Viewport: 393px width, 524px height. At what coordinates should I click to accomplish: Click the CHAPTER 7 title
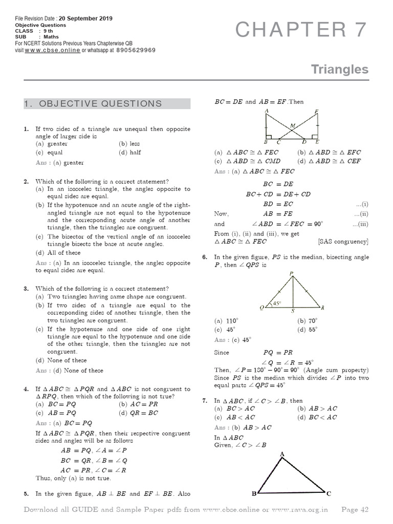pyautogui.click(x=301, y=31)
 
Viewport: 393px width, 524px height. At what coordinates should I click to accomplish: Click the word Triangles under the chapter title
pyautogui.click(x=340, y=70)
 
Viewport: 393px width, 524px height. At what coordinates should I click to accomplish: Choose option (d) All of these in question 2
pyautogui.click(x=58, y=253)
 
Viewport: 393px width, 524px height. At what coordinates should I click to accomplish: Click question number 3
pyautogui.click(x=26, y=289)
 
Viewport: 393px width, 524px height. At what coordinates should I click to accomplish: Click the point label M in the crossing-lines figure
pyautogui.click(x=292, y=125)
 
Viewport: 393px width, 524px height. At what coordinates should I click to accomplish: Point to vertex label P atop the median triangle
pyautogui.click(x=292, y=275)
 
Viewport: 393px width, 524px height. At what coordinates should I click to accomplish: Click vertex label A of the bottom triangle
pyautogui.click(x=281, y=454)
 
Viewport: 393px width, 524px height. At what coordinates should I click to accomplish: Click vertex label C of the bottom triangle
pyautogui.click(x=329, y=494)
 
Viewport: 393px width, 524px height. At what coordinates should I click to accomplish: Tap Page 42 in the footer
pyautogui.click(x=354, y=510)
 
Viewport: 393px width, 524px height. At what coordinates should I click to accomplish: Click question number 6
pyautogui.click(x=205, y=257)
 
